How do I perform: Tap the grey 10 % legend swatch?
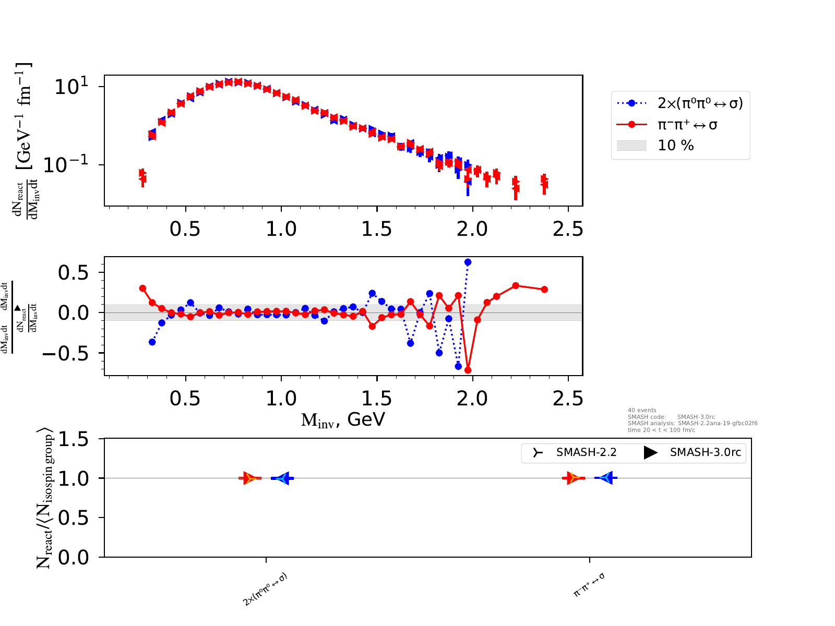pos(631,146)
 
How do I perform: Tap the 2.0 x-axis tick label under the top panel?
pos(472,229)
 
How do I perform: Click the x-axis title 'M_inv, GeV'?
pos(343,419)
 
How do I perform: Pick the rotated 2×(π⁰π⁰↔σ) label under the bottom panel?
pos(265,589)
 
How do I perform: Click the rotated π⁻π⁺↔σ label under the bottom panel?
pos(589,585)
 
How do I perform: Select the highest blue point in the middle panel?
pos(468,262)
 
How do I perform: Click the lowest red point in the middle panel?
pos(468,370)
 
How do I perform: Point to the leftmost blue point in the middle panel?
pos(152,342)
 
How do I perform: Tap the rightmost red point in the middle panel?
pos(544,290)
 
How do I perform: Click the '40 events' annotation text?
pos(642,411)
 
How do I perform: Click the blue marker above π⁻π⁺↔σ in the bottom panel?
pos(606,478)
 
